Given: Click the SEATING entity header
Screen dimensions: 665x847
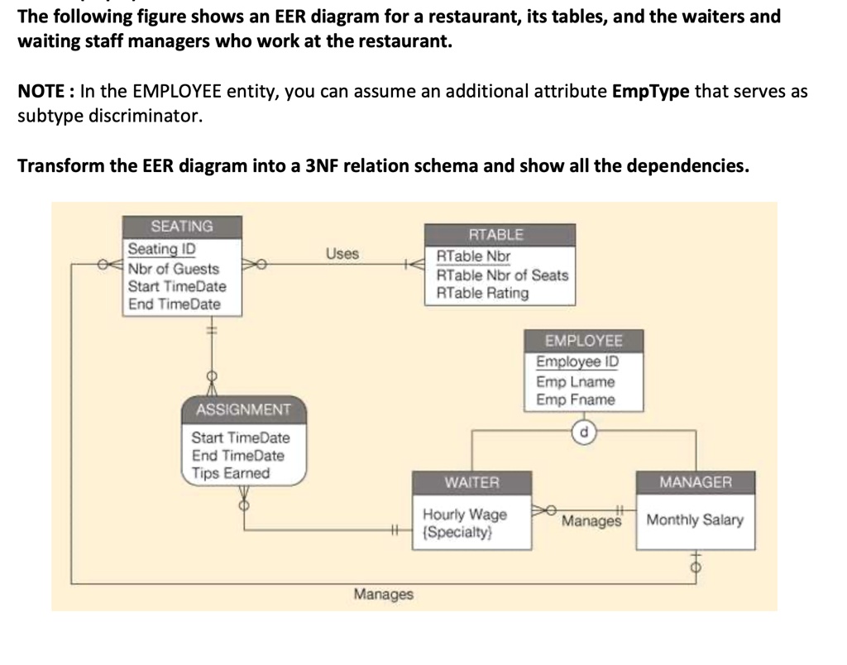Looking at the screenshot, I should pos(182,227).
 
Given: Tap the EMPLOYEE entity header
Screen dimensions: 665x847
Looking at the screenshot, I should pos(583,341).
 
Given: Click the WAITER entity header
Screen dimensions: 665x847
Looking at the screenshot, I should pos(471,482).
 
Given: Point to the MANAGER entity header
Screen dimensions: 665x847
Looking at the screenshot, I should pos(695,482).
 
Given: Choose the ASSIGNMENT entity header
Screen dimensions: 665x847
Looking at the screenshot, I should pos(243,409).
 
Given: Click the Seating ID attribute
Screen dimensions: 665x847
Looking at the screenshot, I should pos(161,249).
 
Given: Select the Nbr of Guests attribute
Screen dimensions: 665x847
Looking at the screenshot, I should pos(174,269).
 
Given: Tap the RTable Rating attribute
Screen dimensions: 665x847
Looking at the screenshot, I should pos(482,293).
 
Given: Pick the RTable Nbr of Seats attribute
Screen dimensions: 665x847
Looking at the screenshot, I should pos(502,275).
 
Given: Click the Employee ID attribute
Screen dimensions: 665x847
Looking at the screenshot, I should pos(577,362).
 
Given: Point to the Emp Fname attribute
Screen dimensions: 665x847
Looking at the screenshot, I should pos(575,400).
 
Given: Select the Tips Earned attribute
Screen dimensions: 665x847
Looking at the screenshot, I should pos(231,473).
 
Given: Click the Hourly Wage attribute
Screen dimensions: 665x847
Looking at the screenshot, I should pos(465,514).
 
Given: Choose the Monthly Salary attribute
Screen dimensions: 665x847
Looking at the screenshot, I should pos(695,520).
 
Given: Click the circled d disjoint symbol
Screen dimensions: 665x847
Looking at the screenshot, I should pos(585,431).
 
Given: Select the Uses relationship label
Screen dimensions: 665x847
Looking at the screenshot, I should pos(342,254).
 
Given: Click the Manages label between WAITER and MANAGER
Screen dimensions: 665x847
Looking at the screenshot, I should pos(591,522).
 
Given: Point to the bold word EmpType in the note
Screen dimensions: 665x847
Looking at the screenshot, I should pos(650,91).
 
